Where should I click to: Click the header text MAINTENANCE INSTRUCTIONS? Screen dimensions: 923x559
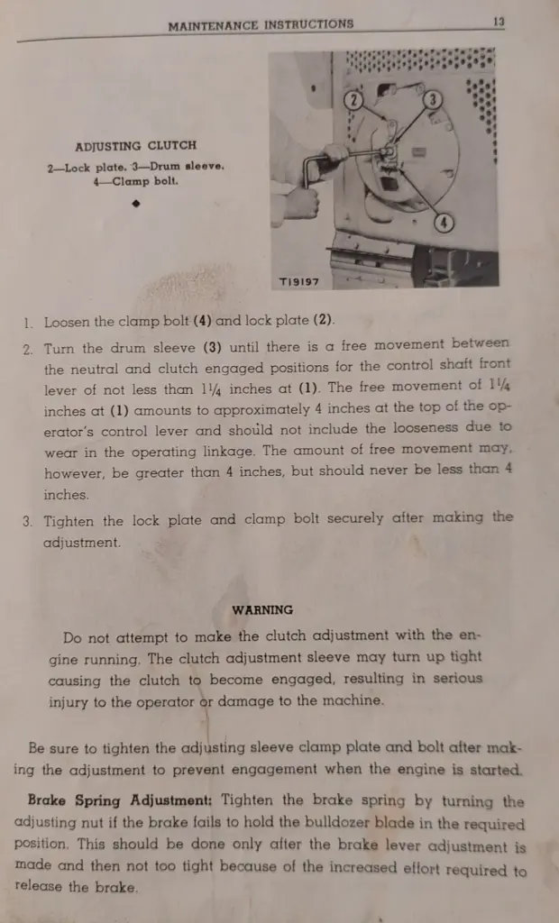pos(261,25)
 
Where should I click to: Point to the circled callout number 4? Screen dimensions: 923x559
pos(444,223)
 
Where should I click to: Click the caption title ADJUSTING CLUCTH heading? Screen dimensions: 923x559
pos(135,145)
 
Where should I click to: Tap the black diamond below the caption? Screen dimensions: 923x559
pos(135,204)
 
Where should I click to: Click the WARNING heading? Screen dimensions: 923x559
pos(262,609)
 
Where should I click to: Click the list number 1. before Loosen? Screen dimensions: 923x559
pos(30,322)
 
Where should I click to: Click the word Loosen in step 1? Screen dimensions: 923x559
pos(68,322)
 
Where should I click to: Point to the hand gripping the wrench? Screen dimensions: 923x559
pos(302,200)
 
